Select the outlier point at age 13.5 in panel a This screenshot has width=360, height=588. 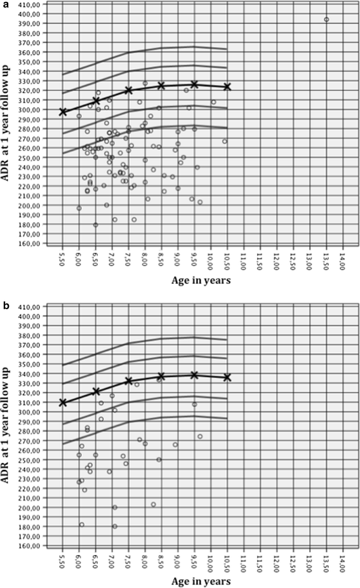pyautogui.click(x=326, y=20)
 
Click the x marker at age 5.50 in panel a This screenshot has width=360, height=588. pyautogui.click(x=63, y=112)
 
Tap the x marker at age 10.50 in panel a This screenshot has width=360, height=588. pyautogui.click(x=227, y=86)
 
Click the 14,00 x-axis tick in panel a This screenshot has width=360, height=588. pyautogui.click(x=343, y=263)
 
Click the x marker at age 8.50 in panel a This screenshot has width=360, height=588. pyautogui.click(x=161, y=85)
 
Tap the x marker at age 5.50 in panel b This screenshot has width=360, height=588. pyautogui.click(x=63, y=403)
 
